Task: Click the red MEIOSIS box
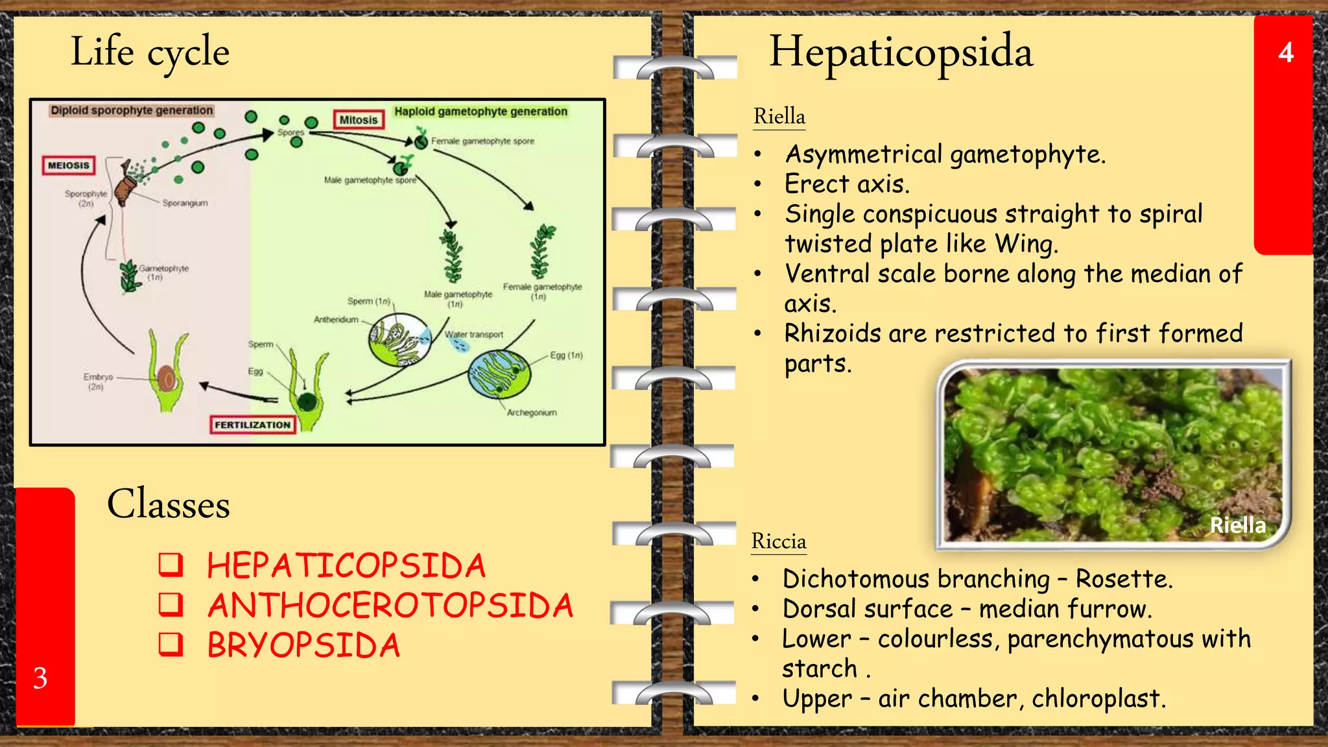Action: tap(68, 165)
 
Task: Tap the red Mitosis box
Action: tap(359, 120)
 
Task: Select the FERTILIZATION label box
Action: tap(253, 425)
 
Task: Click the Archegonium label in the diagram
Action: tap(532, 412)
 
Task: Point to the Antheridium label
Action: tap(336, 320)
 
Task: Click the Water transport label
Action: tap(474, 335)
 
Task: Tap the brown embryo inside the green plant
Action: tap(166, 377)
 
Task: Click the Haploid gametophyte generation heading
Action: tap(480, 112)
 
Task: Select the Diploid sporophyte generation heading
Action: tap(132, 110)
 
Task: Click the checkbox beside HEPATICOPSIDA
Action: tap(171, 565)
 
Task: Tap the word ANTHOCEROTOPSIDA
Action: tap(390, 606)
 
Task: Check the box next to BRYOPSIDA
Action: tap(171, 645)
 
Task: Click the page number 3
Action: tap(40, 678)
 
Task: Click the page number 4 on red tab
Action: tap(1286, 53)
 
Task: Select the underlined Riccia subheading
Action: tap(779, 541)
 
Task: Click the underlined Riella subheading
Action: tap(779, 117)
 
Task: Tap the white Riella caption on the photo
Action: tap(1237, 525)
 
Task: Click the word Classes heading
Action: tap(169, 504)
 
